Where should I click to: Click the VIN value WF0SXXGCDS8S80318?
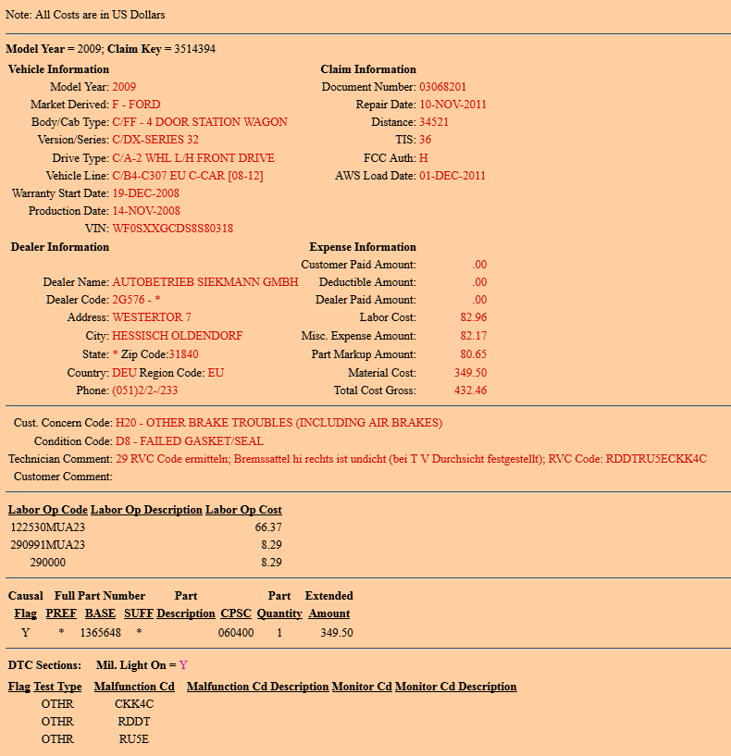172,229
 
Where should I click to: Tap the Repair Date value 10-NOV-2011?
452,105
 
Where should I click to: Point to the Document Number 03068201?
442,87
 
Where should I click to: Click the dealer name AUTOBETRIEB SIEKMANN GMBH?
205,282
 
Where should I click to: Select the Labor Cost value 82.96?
473,317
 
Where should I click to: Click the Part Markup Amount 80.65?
473,354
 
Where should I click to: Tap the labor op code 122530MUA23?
48,527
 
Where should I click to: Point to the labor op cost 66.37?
268,527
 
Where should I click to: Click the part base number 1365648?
101,633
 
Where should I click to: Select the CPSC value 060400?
236,633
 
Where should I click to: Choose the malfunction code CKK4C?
134,704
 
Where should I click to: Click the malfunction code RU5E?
134,739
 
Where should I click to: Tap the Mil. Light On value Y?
183,665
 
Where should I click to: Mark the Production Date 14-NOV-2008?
146,211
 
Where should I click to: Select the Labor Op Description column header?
146,510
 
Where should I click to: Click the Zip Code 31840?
183,354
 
